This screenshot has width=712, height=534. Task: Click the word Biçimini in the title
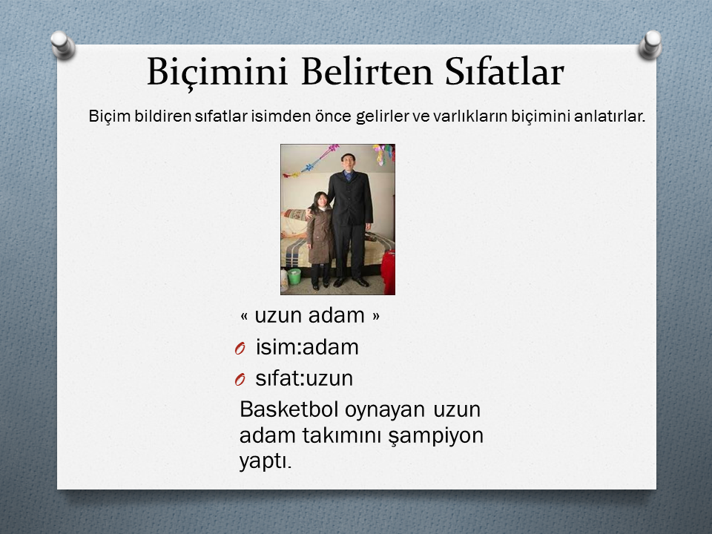click(217, 72)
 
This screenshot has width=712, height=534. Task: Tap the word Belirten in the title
click(366, 71)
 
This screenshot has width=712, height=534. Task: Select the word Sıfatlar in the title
click(504, 71)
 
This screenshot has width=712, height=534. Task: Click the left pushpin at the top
click(62, 44)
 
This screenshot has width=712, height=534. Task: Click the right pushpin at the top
click(650, 44)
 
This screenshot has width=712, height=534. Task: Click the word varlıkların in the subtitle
click(469, 116)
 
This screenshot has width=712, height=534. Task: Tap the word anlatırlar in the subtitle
click(609, 116)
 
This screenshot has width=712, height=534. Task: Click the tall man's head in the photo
click(349, 162)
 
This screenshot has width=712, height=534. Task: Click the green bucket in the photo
click(294, 276)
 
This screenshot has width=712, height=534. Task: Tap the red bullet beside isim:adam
click(240, 349)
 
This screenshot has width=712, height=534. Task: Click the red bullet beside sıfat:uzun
click(240, 379)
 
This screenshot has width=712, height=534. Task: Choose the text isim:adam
click(307, 347)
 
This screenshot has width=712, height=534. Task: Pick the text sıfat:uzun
click(304, 378)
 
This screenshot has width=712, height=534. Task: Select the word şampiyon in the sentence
click(435, 436)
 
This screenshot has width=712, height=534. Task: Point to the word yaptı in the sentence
click(266, 462)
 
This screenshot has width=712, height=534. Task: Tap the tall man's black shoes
click(351, 283)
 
